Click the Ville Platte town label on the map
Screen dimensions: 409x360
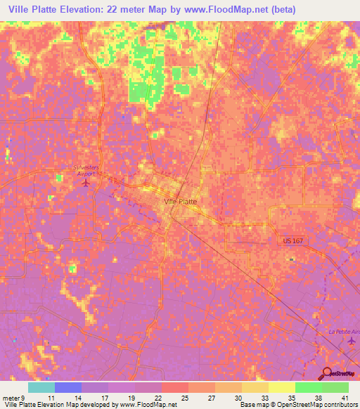(180, 201)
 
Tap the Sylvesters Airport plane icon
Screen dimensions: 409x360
(86, 183)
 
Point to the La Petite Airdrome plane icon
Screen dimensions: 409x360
(352, 341)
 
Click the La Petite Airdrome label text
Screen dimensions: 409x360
(344, 330)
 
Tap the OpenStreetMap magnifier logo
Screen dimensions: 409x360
(328, 374)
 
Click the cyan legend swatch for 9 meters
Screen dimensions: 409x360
(41, 387)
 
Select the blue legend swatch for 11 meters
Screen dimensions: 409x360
(68, 387)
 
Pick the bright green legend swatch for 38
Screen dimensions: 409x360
(308, 387)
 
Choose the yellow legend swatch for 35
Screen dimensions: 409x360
(281, 387)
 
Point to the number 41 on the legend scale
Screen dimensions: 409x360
(344, 397)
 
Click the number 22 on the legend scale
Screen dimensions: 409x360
(158, 397)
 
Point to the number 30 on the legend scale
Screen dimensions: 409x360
(238, 397)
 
